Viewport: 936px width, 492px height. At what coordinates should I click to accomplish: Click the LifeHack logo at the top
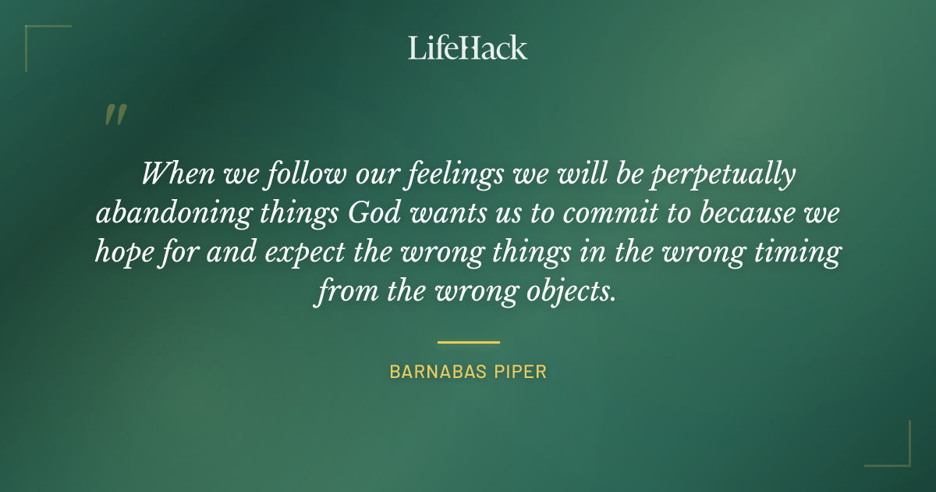coord(468,48)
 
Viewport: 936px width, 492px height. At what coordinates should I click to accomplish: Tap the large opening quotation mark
coord(115,115)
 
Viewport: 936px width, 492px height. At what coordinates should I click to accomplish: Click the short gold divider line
coord(468,342)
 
